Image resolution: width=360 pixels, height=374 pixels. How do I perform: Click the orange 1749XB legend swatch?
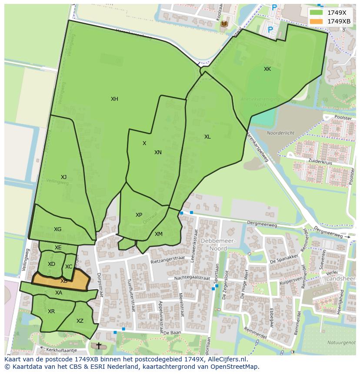pyautogui.click(x=317, y=21)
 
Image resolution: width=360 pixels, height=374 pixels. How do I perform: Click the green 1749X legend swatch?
pyautogui.click(x=317, y=13)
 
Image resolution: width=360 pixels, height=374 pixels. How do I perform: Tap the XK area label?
pyautogui.click(x=267, y=69)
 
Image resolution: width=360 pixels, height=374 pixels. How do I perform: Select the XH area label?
pyautogui.click(x=114, y=99)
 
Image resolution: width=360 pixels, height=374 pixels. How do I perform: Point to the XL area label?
pyautogui.click(x=207, y=137)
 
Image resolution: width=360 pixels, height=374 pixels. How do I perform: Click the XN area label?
pyautogui.click(x=158, y=152)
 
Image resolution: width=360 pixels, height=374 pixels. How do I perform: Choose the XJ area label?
pyautogui.click(x=63, y=177)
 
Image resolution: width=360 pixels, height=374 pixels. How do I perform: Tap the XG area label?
pyautogui.click(x=57, y=229)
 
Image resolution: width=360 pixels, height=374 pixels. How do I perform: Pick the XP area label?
pyautogui.click(x=139, y=215)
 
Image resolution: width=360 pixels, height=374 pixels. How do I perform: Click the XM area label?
pyautogui.click(x=159, y=234)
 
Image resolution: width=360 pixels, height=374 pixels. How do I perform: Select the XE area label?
pyautogui.click(x=58, y=248)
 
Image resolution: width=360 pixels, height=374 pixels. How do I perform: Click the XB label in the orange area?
pyautogui.click(x=64, y=281)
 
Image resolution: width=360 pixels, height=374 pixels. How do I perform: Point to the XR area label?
pyautogui.click(x=51, y=311)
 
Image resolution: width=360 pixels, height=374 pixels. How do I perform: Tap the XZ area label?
pyautogui.click(x=80, y=321)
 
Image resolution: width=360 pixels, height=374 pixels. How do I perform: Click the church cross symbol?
pyautogui.click(x=99, y=346)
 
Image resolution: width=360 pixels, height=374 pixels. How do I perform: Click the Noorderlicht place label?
pyautogui.click(x=280, y=133)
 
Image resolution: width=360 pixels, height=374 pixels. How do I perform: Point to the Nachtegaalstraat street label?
pyautogui.click(x=192, y=278)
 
